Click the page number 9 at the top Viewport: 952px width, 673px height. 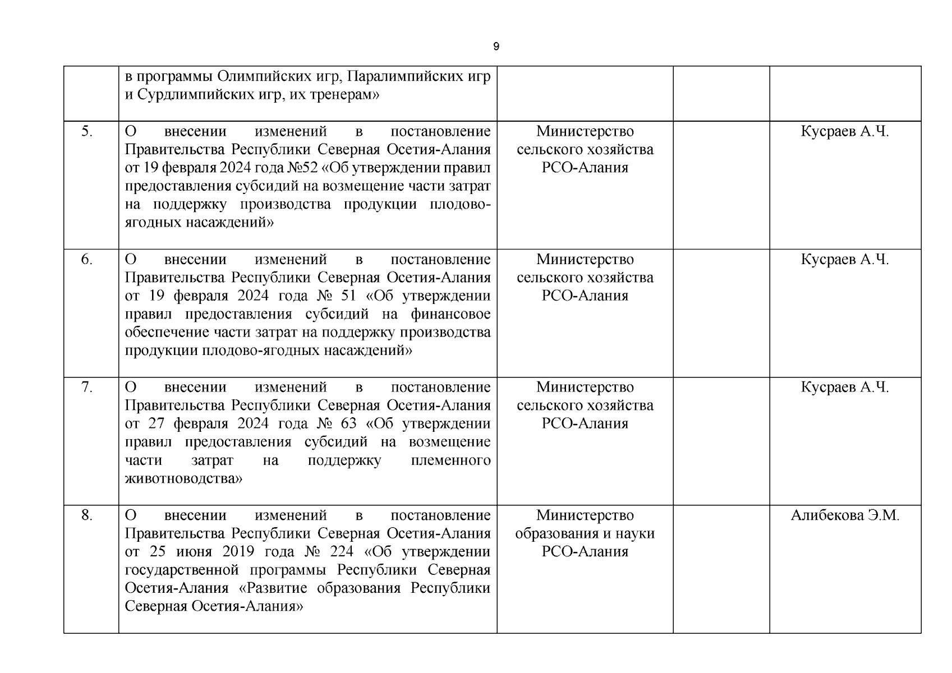point(496,47)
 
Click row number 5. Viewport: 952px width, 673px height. point(87,131)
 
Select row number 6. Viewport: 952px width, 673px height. point(87,259)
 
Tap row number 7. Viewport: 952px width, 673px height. point(87,387)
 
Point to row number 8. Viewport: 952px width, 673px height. point(87,515)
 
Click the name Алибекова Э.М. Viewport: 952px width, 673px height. point(845,515)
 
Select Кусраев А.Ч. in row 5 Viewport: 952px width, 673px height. point(845,131)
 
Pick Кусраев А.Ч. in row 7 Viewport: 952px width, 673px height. point(845,387)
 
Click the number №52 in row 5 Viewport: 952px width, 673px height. point(302,168)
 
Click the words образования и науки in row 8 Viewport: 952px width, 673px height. point(585,533)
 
